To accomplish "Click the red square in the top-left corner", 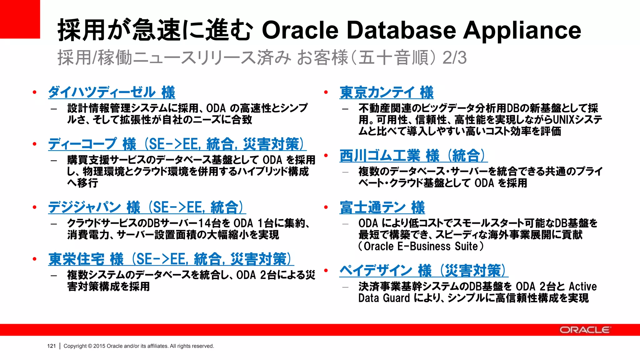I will [20, 19].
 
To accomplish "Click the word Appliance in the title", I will [522, 30].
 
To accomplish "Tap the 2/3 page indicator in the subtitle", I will [454, 58].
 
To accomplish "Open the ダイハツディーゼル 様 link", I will [112, 92].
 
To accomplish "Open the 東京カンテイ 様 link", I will [387, 92].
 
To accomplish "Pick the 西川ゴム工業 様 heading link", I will [413, 156].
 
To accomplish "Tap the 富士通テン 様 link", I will [382, 207].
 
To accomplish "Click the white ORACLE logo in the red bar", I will [585, 330].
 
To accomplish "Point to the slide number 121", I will [51, 346].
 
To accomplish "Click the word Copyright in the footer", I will [75, 346].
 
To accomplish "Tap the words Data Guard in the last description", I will [384, 298].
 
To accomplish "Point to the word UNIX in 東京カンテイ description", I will [564, 120].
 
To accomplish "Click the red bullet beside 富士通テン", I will [326, 207].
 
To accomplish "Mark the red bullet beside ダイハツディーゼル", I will [34, 92].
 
